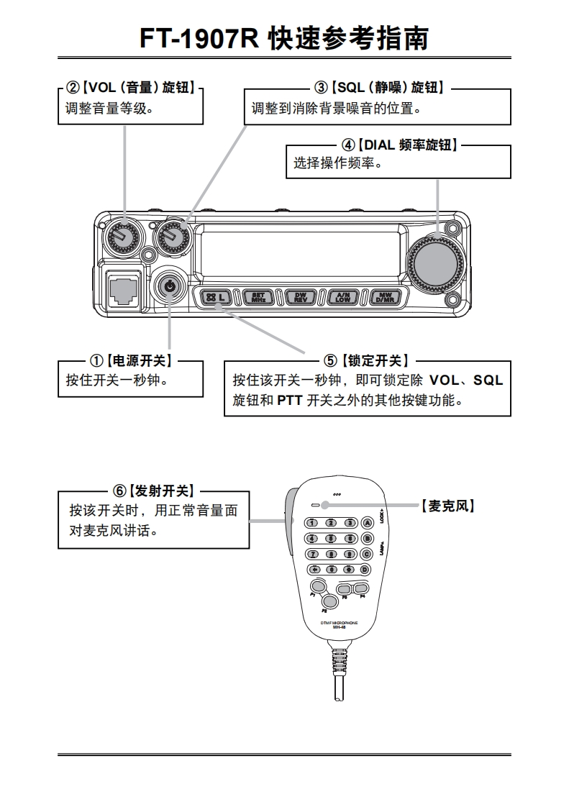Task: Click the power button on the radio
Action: point(169,286)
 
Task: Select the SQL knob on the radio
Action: point(173,234)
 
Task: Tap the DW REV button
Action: point(300,297)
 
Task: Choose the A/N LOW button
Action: point(342,297)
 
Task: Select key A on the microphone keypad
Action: point(367,523)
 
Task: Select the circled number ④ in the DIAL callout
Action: point(347,145)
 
